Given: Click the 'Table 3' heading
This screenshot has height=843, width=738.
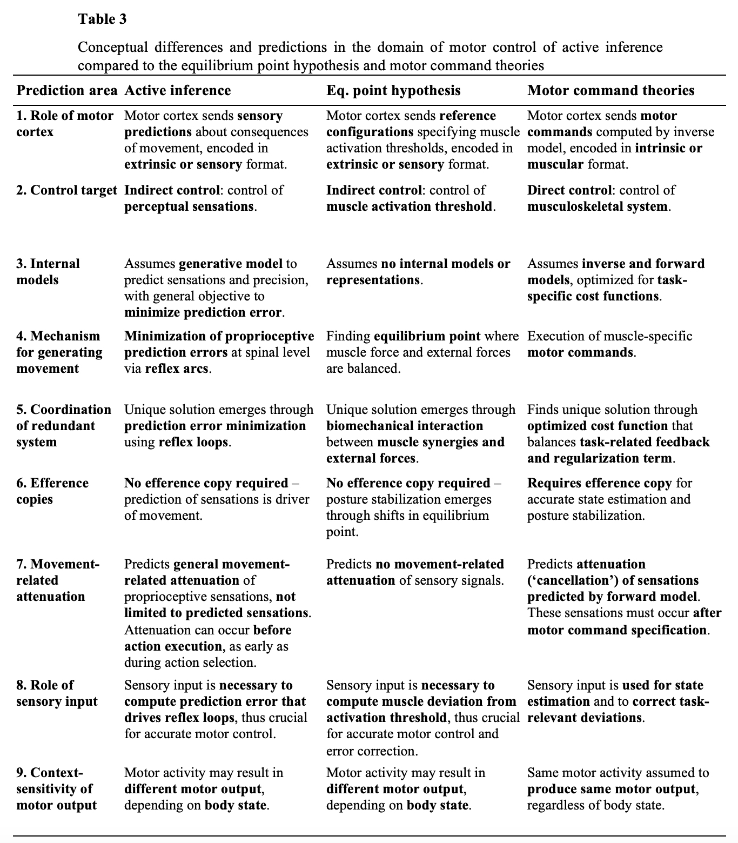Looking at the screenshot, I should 102,19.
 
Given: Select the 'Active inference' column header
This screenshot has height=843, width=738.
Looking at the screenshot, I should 177,90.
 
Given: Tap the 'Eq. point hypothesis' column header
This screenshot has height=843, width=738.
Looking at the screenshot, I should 393,90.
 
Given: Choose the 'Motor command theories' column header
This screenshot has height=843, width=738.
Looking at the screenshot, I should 610,90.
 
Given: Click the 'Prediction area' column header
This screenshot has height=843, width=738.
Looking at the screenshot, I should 66,90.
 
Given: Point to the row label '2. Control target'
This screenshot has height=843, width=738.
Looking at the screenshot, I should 66,190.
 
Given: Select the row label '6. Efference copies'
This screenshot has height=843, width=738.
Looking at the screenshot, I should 52,491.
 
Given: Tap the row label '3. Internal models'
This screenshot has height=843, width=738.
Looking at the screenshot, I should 48,272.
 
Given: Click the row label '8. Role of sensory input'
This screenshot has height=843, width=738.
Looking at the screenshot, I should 57,693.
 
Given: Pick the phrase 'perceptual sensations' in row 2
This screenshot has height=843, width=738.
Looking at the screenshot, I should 189,206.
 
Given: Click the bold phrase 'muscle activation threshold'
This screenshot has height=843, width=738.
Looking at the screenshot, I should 409,206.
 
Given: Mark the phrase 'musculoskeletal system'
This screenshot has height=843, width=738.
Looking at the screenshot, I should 597,206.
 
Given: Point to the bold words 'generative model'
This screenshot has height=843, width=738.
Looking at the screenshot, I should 230,264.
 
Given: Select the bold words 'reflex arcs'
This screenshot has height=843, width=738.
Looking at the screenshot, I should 176,369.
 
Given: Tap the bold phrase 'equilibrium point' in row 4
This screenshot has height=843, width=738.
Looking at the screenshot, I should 427,336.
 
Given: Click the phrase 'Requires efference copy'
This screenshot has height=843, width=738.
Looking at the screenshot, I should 599,483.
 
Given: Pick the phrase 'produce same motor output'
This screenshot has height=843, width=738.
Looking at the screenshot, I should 610,789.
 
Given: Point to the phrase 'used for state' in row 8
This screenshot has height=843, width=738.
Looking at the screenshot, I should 662,685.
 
